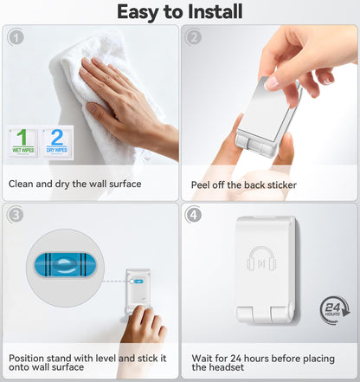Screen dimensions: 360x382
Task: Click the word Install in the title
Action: [215, 11]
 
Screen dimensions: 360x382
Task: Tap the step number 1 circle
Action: [16, 37]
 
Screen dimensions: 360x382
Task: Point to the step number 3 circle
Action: [16, 215]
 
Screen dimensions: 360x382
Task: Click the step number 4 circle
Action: [194, 215]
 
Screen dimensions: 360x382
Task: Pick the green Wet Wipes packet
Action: [22, 142]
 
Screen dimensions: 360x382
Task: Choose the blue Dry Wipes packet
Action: [57, 142]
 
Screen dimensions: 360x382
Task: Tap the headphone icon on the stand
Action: [261, 259]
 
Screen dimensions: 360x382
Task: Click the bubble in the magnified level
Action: [64, 265]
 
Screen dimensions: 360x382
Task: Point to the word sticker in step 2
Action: [282, 185]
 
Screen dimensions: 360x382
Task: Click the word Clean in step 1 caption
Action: [21, 184]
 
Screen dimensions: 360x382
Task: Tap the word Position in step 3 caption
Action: [26, 359]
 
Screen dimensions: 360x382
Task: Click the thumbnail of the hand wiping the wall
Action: [90, 95]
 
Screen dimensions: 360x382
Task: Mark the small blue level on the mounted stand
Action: [139, 281]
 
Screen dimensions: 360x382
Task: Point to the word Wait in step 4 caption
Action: [202, 359]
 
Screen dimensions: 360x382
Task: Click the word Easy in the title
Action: [138, 12]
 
